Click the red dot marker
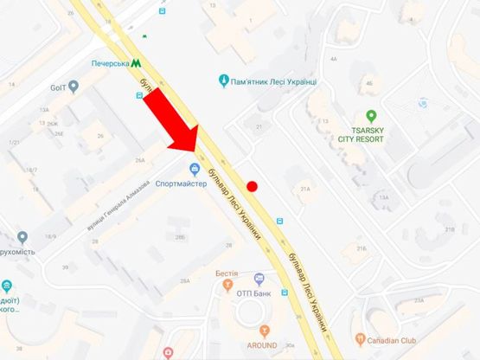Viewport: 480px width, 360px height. [x=252, y=186]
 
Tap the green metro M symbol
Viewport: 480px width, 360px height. [x=137, y=62]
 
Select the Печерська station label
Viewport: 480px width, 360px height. [x=111, y=63]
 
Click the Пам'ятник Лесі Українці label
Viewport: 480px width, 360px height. [x=274, y=81]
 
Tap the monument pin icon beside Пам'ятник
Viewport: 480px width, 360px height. [x=223, y=81]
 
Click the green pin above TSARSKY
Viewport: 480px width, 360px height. [x=371, y=115]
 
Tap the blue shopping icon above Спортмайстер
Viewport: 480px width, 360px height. [x=195, y=168]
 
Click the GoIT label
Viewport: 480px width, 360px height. [x=58, y=86]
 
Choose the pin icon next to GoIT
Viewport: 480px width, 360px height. [x=74, y=86]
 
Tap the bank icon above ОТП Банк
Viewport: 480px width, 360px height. [x=259, y=280]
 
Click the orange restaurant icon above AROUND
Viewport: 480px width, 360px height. [x=265, y=330]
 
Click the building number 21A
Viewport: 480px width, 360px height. [x=304, y=188]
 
